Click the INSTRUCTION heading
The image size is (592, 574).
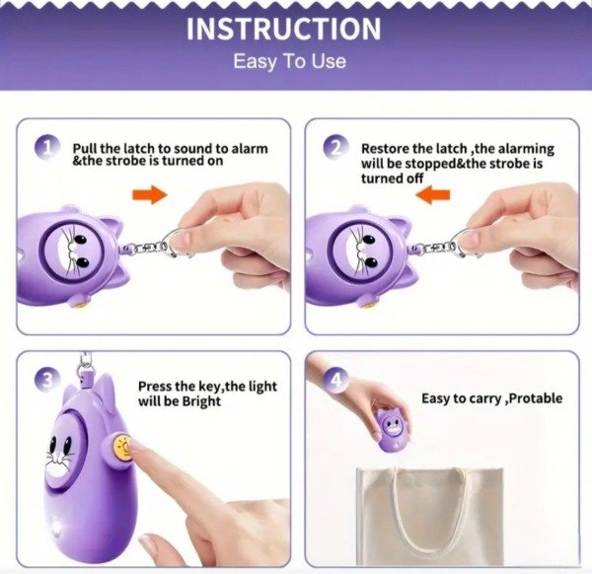284,29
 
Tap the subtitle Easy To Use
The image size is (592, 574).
289,61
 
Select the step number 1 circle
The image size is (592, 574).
48,147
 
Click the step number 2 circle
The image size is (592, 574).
336,147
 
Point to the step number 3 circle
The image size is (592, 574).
48,380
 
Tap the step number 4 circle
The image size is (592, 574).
336,381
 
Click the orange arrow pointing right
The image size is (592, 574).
150,194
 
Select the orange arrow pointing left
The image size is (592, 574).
433,194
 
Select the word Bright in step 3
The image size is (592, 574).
201,400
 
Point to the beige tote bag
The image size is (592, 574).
429,516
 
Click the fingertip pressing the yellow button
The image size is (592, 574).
137,448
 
